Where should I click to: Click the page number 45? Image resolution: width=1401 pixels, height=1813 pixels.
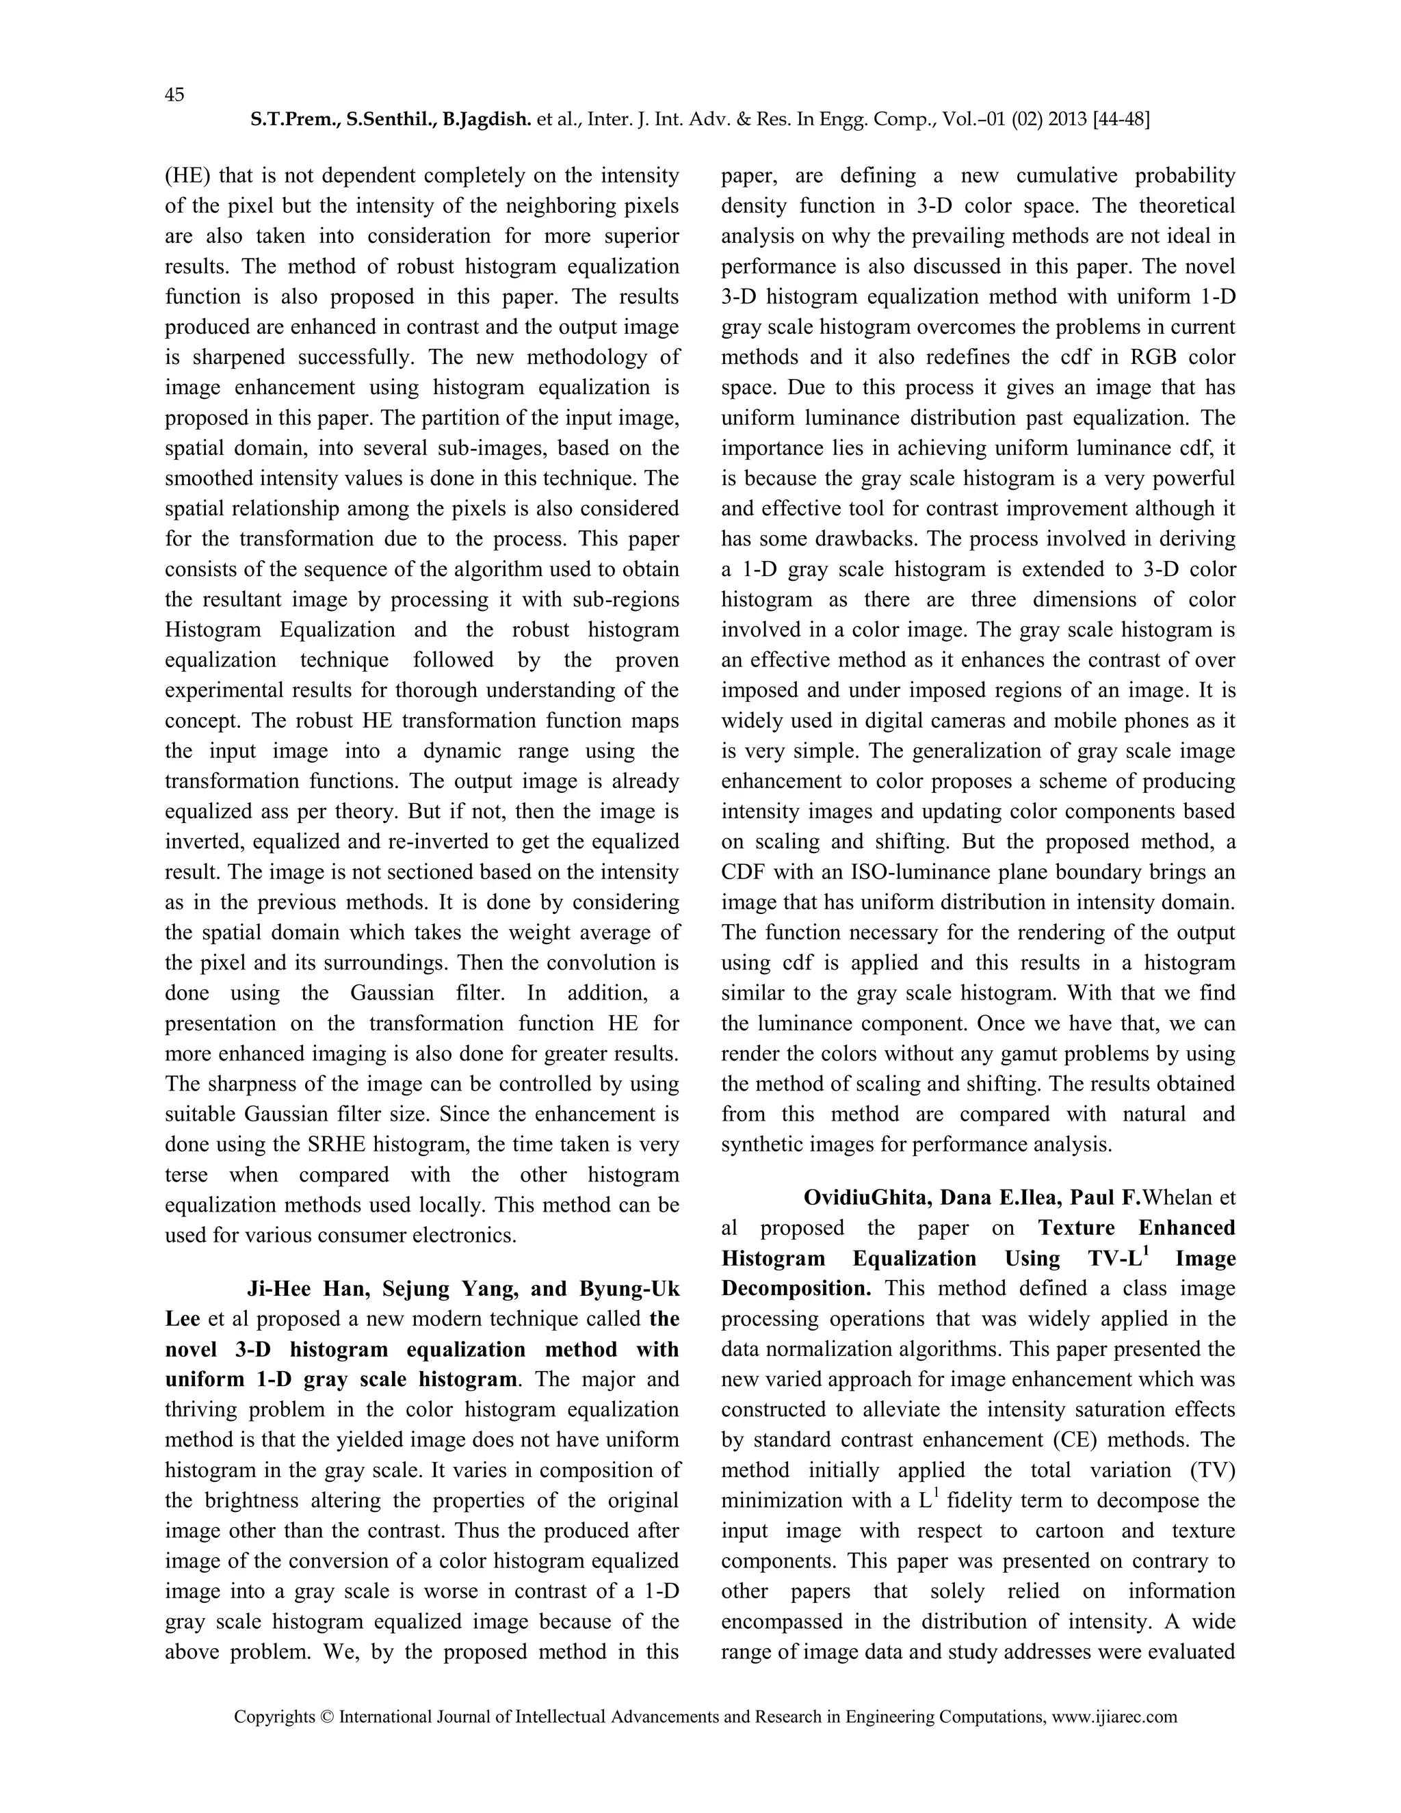click(x=174, y=94)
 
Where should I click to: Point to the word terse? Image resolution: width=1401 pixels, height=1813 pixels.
click(x=187, y=1175)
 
